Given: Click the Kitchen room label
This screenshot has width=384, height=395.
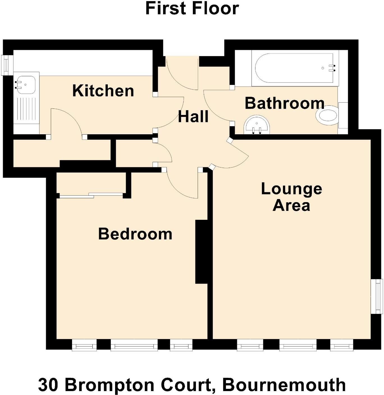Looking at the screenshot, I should coord(103,91).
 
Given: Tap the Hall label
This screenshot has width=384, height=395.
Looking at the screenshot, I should coord(193,117).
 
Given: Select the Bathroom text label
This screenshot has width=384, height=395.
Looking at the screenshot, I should coord(284,103).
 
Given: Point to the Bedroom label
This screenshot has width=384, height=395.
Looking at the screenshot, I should coord(135,234).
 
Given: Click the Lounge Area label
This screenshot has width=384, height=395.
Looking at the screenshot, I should coord(291,197).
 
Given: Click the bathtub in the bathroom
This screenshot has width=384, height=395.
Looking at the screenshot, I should coord(295,68).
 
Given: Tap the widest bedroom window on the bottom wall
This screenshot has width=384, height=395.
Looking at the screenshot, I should coord(134,345).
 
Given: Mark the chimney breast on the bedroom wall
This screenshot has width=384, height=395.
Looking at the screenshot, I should coord(201,251).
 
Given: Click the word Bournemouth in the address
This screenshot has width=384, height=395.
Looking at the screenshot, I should coord(284,385).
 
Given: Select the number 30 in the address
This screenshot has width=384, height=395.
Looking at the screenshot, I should coord(48,385).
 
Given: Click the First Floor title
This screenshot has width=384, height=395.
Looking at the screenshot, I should coord(192,8).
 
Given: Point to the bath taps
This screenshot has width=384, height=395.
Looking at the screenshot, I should coord(333,68).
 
